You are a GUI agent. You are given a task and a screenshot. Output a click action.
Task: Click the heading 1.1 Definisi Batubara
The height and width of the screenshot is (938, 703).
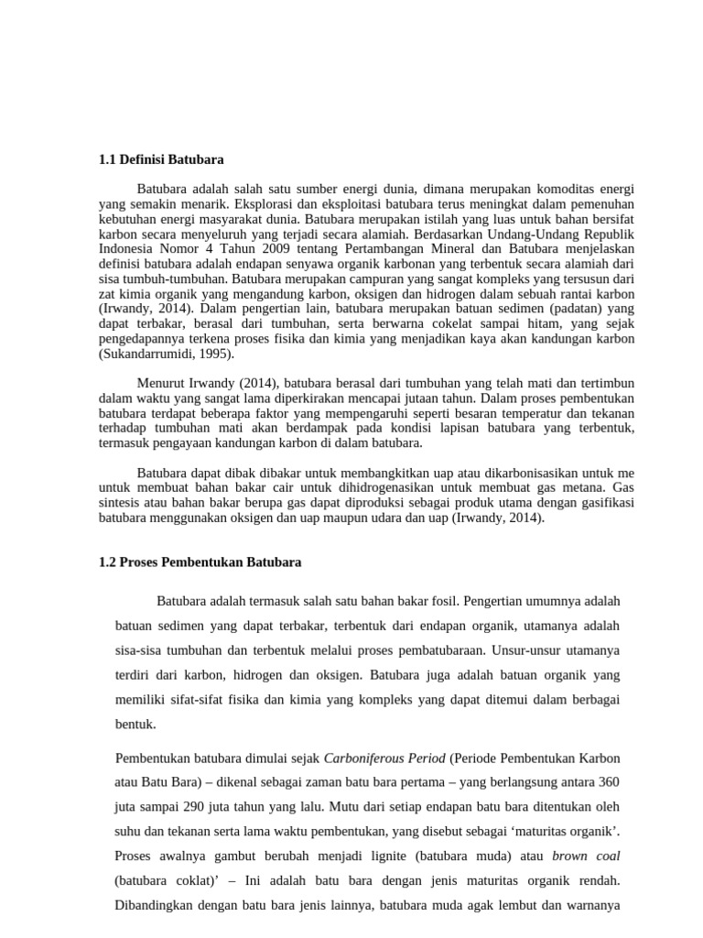(161, 160)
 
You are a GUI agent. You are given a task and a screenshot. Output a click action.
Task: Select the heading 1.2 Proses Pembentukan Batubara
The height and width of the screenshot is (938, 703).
(200, 562)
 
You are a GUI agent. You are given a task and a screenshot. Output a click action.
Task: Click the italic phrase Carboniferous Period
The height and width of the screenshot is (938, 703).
(384, 758)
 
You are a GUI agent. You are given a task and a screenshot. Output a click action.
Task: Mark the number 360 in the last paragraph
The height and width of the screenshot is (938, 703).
(607, 783)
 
